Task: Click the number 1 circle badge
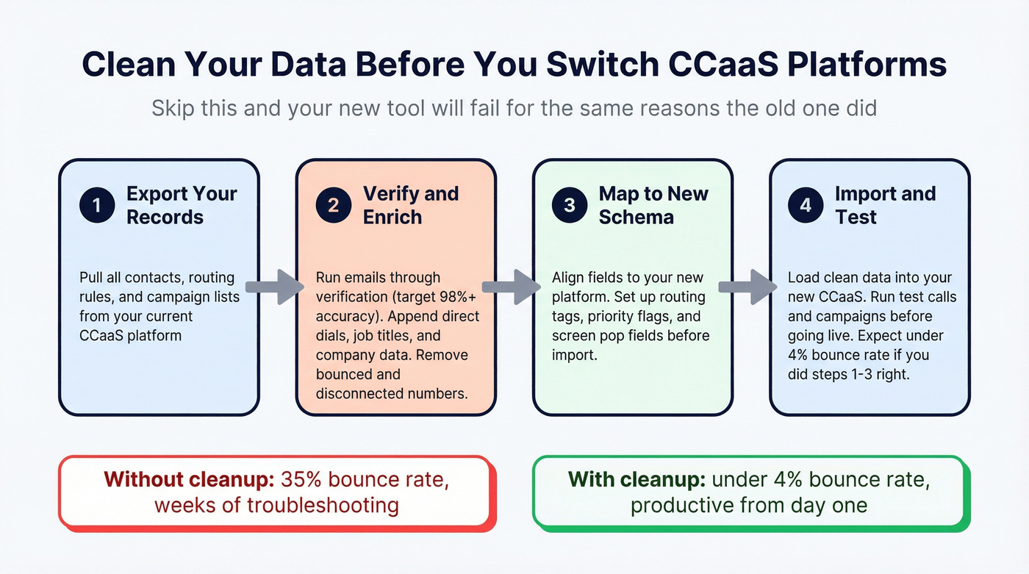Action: pyautogui.click(x=97, y=206)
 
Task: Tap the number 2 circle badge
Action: pyautogui.click(x=334, y=206)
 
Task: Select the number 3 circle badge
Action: pyautogui.click(x=570, y=206)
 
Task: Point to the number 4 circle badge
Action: pyautogui.click(x=806, y=206)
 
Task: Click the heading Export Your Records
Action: pyautogui.click(x=182, y=205)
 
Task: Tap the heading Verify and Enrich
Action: pyautogui.click(x=410, y=205)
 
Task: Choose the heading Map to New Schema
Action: pyautogui.click(x=653, y=205)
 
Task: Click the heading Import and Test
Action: pyautogui.click(x=885, y=205)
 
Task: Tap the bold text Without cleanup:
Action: pyautogui.click(x=189, y=479)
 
